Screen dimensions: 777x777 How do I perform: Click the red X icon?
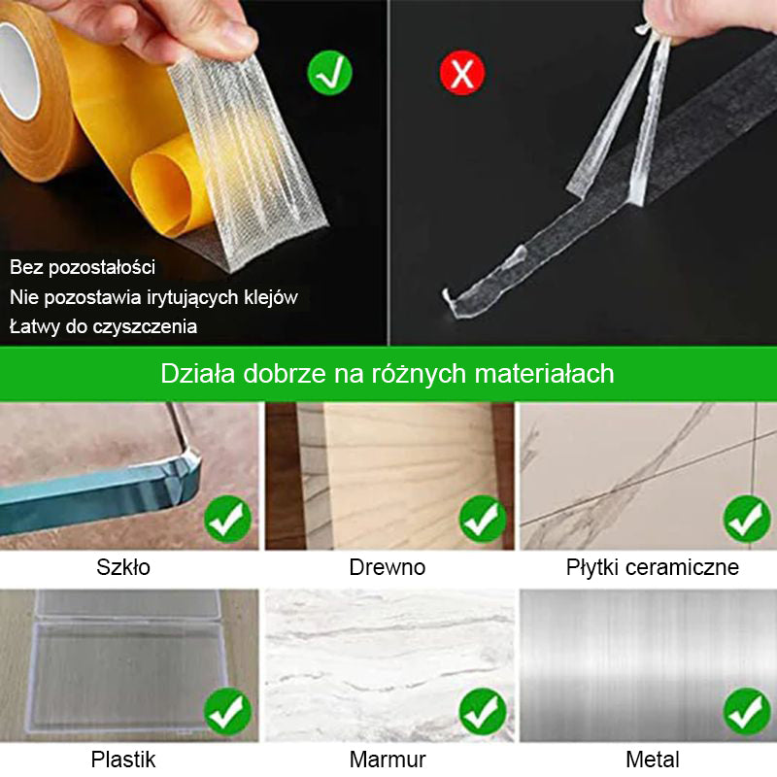click(462, 73)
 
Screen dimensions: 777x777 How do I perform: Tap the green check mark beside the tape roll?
click(329, 73)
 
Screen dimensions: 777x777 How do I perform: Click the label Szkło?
click(123, 567)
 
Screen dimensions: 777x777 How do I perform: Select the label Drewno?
click(387, 567)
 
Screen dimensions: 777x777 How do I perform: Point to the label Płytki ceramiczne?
click(652, 567)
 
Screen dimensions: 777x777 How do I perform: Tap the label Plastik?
click(123, 760)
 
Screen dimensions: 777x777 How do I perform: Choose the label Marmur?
click(388, 760)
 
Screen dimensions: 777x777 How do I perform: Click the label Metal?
click(652, 760)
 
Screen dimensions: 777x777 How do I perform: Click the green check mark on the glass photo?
click(227, 519)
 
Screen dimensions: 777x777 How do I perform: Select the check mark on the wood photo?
click(483, 519)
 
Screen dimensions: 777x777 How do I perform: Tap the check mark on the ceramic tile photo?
click(747, 519)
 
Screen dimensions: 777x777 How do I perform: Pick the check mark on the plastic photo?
click(227, 712)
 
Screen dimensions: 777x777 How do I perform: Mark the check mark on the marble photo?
click(483, 712)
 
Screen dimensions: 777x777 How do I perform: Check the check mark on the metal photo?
click(747, 712)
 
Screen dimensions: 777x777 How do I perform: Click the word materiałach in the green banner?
click(544, 373)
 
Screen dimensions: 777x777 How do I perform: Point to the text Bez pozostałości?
click(83, 267)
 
